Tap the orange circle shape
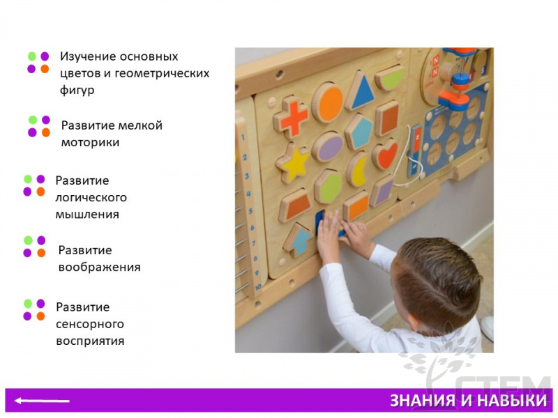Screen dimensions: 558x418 [x=328, y=102]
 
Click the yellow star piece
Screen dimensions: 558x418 [x=293, y=163]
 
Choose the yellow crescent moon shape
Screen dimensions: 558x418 [x=357, y=169]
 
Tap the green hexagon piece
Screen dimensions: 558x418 [x=328, y=187]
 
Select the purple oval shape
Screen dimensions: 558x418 [x=328, y=147]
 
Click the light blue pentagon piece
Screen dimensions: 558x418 [x=359, y=132]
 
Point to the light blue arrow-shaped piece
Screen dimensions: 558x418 [x=299, y=240]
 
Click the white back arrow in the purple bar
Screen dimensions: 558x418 [x=42, y=401]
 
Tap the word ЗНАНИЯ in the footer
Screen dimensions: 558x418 [x=423, y=401]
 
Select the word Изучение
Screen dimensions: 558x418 [x=88, y=56]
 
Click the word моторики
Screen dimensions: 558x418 [x=90, y=143]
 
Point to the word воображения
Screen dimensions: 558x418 [x=99, y=267]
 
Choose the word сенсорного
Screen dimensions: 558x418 [x=90, y=324]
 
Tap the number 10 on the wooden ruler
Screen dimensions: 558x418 [x=258, y=286]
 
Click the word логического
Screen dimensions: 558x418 [x=91, y=197]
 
